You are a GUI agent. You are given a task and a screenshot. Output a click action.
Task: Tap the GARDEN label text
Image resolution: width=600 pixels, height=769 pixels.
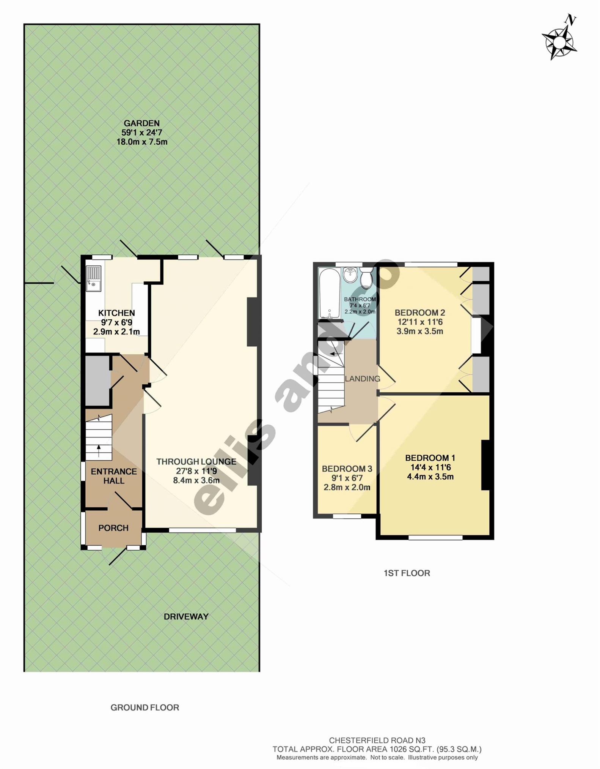pos(141,123)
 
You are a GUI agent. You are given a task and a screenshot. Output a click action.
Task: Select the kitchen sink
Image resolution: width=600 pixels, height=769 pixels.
pos(93,278)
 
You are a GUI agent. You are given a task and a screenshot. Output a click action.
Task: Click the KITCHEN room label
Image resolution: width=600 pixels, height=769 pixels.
pos(116,313)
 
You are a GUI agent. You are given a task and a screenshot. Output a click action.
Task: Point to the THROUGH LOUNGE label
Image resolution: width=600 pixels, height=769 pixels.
pos(196,461)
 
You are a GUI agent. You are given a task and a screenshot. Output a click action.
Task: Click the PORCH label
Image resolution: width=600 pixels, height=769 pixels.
pos(113,528)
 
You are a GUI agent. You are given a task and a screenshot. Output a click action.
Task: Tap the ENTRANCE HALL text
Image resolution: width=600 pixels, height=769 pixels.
pos(114,476)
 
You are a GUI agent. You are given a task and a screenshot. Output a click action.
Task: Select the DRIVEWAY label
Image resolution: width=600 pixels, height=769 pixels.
pos(186,616)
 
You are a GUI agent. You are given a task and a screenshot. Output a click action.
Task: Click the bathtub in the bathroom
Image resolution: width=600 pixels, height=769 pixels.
pos(330,293)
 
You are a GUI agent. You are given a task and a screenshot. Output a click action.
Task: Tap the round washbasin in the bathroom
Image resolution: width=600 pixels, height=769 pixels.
pos(350,275)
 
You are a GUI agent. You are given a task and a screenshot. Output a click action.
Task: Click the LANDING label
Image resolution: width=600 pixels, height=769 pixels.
pos(363,379)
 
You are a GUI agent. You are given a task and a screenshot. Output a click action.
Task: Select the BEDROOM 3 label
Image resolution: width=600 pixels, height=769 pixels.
pos(347,469)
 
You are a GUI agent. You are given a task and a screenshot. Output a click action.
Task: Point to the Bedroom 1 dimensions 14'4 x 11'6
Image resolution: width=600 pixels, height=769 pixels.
pos(430,467)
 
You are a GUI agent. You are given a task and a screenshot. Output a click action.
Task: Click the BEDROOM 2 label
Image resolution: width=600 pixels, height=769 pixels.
pos(419,313)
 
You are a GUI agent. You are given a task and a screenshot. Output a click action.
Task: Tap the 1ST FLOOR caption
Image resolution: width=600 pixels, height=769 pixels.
pos(407,573)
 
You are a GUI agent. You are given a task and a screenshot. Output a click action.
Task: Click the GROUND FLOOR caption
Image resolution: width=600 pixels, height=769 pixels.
pos(145,707)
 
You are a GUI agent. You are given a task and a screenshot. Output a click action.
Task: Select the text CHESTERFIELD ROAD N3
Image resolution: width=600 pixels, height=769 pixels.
pos(377,740)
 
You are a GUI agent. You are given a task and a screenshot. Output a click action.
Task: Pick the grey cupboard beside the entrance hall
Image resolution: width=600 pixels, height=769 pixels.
pos(97,381)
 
